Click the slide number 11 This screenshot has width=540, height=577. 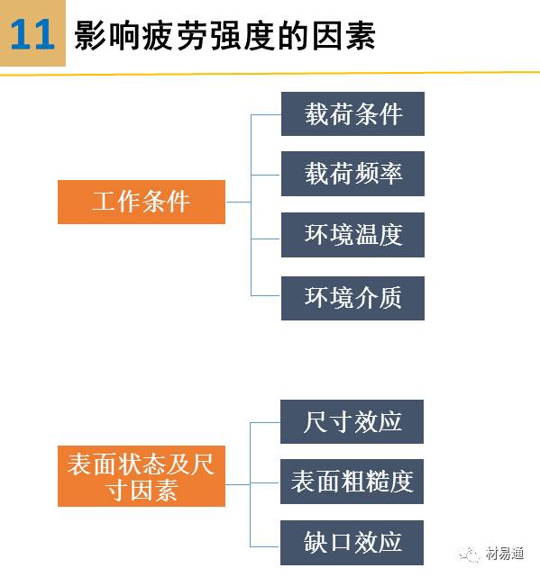tap(32, 34)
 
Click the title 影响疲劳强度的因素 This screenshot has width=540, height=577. tap(224, 35)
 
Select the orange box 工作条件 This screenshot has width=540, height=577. tap(142, 202)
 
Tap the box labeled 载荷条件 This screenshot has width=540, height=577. tap(352, 113)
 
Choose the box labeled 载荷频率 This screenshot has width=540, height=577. tap(352, 174)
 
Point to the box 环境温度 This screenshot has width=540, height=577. tap(352, 235)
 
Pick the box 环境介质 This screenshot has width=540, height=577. tap(352, 298)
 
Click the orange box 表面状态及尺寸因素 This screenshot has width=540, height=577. tap(142, 476)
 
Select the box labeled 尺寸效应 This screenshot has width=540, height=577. tap(352, 421)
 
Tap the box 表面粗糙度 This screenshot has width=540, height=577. tap(352, 482)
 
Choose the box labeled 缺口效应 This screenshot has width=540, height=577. tap(352, 543)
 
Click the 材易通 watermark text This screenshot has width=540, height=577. tap(504, 554)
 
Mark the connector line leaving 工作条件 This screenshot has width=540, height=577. tap(238, 202)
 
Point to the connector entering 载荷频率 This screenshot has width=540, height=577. tap(266, 176)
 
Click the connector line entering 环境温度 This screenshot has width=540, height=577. tap(266, 239)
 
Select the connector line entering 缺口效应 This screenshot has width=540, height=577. tap(265, 546)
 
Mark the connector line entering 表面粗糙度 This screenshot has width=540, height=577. tap(265, 483)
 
